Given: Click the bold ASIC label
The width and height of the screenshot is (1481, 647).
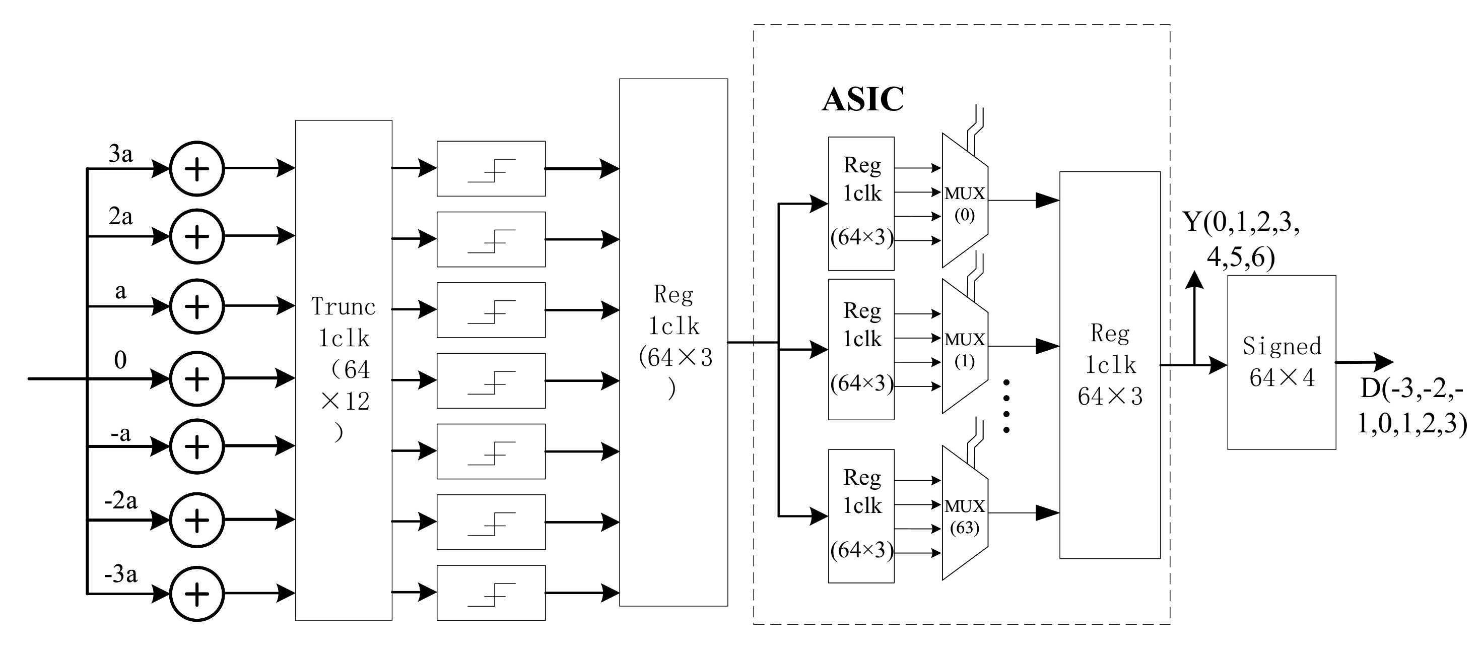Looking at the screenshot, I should tap(862, 99).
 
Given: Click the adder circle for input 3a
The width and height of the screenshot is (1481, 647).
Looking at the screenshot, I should tap(196, 168).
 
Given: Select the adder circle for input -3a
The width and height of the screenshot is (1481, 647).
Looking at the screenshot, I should tap(196, 594).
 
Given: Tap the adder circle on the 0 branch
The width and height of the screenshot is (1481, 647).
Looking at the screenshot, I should tap(196, 378).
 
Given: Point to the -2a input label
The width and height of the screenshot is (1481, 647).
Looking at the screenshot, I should tap(121, 500).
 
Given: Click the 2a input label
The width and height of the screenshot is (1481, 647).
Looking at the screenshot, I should tap(121, 217).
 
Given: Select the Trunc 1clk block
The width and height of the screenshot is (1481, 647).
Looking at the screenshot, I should tap(343, 370).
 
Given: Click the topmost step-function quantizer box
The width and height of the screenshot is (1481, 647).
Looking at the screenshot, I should tap(491, 168).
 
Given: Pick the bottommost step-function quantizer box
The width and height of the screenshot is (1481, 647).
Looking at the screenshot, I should tap(491, 593).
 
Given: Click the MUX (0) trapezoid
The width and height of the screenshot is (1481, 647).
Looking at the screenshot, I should tap(964, 201).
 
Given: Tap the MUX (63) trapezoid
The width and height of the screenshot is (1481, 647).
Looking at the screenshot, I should tap(964, 513).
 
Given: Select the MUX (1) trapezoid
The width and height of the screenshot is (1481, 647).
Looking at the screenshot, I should tap(964, 347).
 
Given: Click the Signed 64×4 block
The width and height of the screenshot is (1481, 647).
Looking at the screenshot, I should tap(1281, 362).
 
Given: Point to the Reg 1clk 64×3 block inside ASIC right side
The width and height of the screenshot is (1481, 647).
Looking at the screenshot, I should tap(1110, 365).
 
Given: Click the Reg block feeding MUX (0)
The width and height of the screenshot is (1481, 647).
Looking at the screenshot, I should tap(861, 203).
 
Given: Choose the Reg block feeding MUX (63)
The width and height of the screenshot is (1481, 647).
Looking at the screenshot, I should tap(861, 516).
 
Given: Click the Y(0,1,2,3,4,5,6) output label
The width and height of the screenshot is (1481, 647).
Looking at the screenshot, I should tap(1241, 239).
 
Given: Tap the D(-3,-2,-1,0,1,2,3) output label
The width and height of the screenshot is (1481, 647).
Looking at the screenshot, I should tap(1411, 407).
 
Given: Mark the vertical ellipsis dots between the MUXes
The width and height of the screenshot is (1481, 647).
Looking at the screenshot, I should tap(1006, 406).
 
